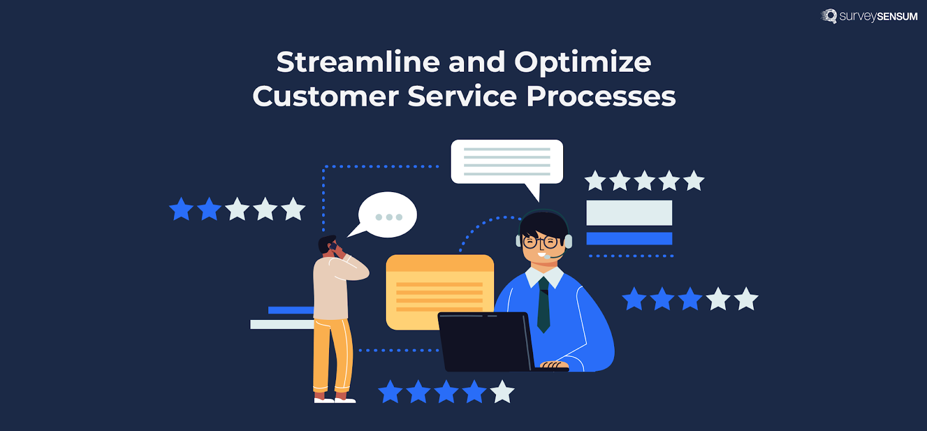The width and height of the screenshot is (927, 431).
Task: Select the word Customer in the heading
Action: click(x=325, y=96)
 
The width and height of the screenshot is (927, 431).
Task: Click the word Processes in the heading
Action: click(x=601, y=96)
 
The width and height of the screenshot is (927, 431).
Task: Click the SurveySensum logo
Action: click(x=869, y=16)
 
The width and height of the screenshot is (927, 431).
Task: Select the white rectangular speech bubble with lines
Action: click(x=507, y=161)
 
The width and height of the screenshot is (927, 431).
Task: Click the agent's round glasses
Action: click(x=541, y=242)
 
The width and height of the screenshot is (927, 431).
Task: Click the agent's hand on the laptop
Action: click(x=554, y=364)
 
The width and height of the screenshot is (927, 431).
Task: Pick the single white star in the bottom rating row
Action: click(x=502, y=392)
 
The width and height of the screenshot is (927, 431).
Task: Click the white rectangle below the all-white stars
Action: click(x=629, y=213)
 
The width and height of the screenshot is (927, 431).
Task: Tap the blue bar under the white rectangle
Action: click(x=629, y=238)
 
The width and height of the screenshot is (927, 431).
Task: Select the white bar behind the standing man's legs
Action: click(x=282, y=325)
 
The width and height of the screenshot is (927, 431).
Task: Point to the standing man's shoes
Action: click(x=334, y=399)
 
